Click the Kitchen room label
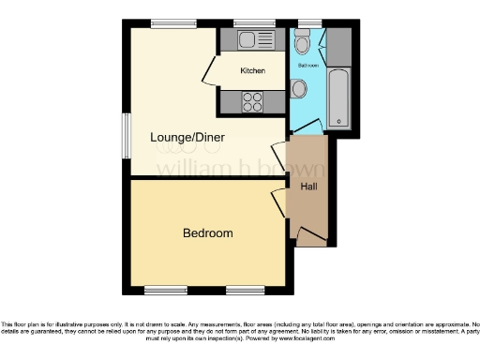pos(252,71)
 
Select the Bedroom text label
pos(207,232)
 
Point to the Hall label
pos(308,187)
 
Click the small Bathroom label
pos(308,67)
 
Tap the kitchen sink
pos(249,39)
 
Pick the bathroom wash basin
pos(298,89)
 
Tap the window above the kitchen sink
pos(247,22)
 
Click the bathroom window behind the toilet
pos(307,22)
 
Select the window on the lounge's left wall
pos(126,137)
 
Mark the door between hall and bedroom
pos(278,201)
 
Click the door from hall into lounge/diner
pos(278,155)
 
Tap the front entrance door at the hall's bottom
pos(309,234)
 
